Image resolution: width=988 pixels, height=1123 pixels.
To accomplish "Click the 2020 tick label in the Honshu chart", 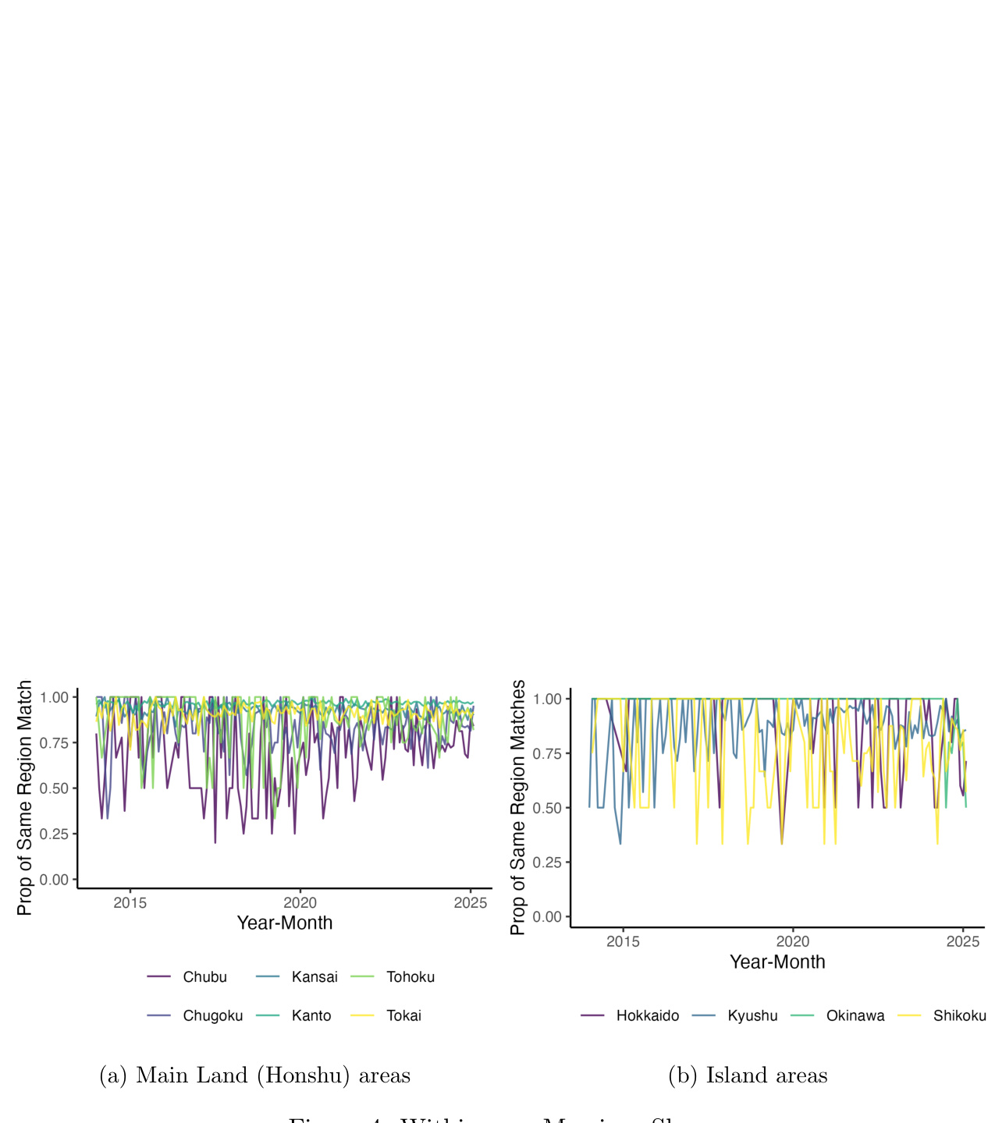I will (300, 903).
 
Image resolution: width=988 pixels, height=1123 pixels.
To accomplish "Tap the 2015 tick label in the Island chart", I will (623, 942).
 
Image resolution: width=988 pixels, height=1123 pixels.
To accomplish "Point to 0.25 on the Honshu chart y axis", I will (55, 834).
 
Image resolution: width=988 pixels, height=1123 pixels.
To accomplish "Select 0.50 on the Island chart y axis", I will (547, 808).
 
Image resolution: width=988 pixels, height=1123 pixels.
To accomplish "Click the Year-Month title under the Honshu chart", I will (285, 923).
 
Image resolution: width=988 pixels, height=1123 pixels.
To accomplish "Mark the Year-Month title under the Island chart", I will (777, 962).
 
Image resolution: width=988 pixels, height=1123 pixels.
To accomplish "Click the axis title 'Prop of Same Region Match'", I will (25, 798).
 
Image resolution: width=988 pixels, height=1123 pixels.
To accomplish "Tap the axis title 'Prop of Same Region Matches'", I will (518, 807).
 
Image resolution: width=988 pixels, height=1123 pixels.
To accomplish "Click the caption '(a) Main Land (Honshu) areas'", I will (254, 1075).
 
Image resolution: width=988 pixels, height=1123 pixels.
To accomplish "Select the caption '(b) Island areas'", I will (748, 1075).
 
